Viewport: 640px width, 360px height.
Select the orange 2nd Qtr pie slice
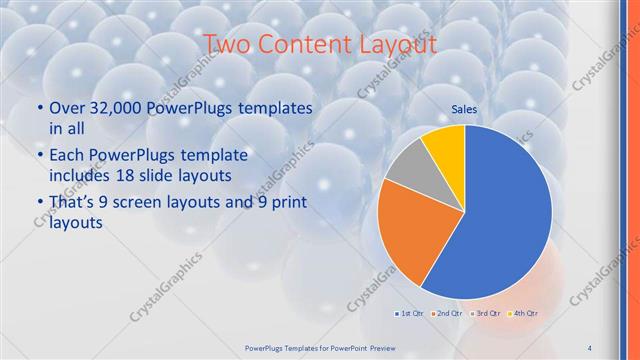411,235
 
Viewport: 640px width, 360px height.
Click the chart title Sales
464,108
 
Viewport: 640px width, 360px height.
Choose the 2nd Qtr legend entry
446,314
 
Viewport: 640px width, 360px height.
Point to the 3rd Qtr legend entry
485,314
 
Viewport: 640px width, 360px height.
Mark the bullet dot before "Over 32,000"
40,107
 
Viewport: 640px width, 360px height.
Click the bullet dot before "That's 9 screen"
40,203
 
